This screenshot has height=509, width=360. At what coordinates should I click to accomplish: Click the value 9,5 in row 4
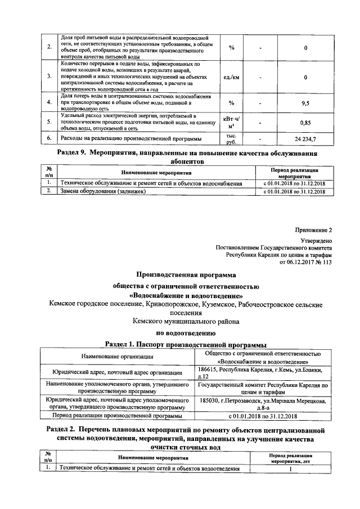[305, 103]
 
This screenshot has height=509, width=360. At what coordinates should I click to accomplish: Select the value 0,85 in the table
[305, 121]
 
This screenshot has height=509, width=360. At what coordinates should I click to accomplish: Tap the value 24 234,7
[305, 138]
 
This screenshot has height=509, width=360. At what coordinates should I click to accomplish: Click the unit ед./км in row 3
[231, 77]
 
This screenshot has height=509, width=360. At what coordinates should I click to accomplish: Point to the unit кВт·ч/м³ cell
[231, 121]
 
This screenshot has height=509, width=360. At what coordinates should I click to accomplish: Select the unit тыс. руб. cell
[231, 138]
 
